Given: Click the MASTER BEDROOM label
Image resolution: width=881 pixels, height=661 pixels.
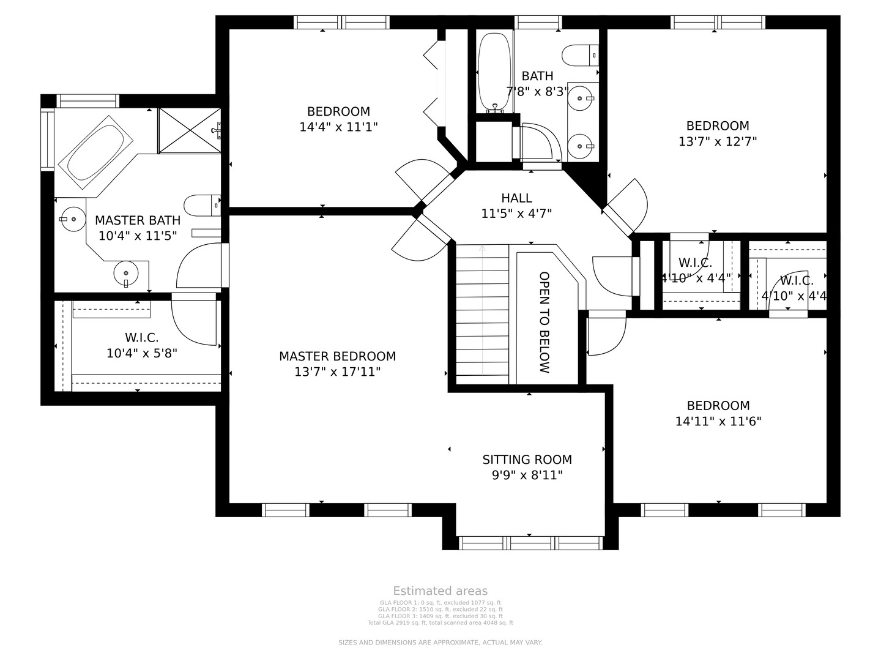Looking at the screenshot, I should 337,356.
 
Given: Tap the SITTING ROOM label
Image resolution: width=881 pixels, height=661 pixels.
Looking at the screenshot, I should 527,460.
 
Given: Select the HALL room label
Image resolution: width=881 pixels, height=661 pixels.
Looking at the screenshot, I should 516,198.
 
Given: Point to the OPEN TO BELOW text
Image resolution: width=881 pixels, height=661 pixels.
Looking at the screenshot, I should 544,323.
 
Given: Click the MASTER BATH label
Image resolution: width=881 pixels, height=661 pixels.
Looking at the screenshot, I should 137,220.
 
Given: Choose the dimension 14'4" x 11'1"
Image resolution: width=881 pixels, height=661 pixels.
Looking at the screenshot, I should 338,127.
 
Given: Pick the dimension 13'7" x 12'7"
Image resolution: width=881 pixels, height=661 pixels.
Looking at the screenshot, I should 718,141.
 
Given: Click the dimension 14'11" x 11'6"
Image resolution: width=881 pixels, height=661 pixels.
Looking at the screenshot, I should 718,421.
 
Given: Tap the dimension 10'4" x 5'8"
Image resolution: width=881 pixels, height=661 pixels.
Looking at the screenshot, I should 141,353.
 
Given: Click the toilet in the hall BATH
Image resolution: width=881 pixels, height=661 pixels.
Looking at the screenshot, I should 579,55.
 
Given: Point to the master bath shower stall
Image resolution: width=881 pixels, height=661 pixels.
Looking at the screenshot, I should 189,130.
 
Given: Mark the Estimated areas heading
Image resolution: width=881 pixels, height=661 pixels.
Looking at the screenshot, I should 440,591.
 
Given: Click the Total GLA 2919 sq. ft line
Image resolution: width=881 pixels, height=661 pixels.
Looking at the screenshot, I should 440,623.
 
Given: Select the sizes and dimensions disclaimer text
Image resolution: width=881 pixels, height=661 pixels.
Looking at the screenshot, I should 440,643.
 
